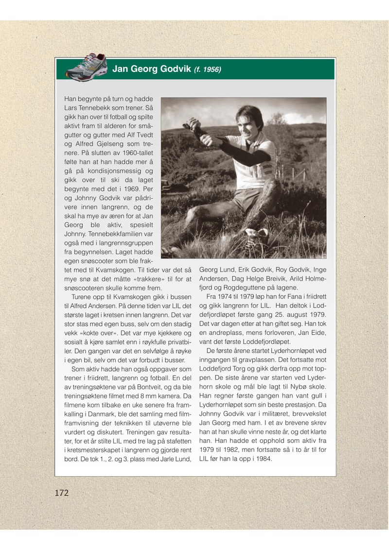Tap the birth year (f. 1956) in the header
(x=208, y=69)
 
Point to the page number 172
(x=62, y=493)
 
